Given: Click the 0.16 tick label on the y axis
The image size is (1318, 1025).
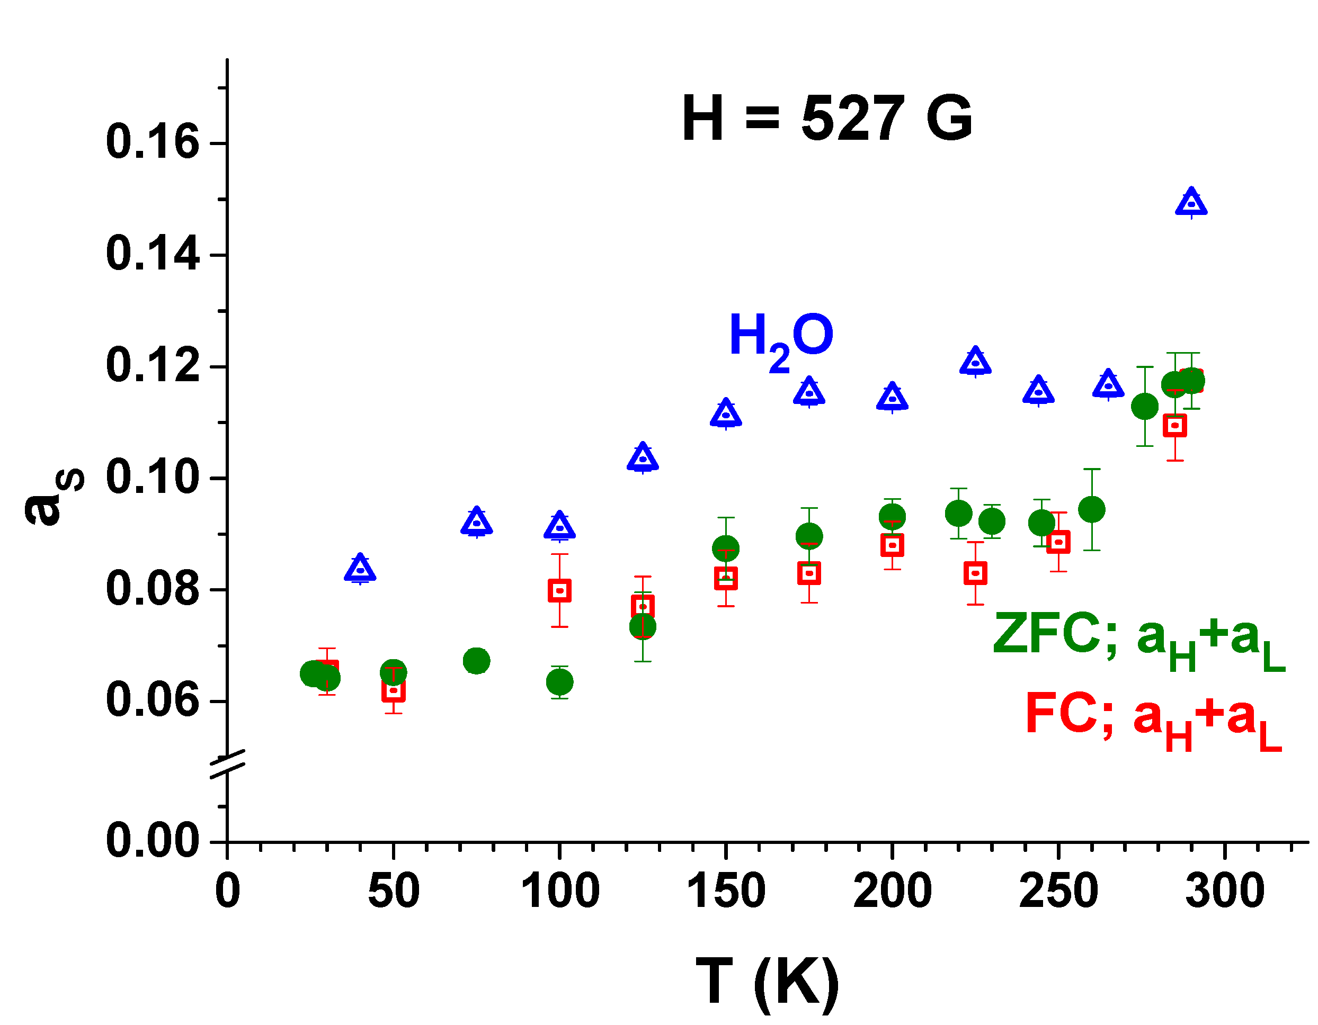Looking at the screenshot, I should (152, 142).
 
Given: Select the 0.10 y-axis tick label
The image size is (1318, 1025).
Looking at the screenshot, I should (152, 477).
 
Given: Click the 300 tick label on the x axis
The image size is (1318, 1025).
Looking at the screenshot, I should (1224, 891).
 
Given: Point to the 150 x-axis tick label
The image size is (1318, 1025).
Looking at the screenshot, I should (726, 891).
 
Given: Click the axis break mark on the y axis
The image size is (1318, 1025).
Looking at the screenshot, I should (227, 765).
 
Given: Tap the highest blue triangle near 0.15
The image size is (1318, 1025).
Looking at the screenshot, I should (1191, 203).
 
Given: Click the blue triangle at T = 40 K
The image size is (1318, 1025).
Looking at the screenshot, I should (360, 569).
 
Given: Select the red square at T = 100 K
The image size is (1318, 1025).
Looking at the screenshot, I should (560, 591).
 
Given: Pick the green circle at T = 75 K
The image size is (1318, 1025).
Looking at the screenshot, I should (476, 661).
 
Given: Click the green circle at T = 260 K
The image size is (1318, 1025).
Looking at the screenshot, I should (1092, 510).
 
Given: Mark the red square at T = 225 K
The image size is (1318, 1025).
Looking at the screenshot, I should (976, 573).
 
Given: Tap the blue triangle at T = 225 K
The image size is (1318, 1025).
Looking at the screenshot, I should (976, 363).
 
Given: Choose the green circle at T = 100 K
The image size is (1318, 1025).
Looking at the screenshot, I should (560, 682).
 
